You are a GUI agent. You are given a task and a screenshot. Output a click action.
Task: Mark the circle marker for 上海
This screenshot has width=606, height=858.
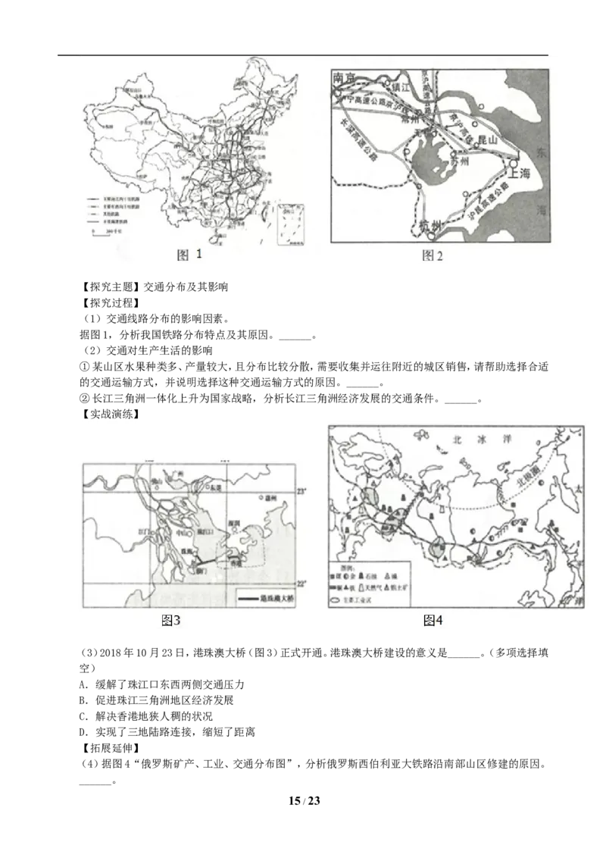tap(513, 162)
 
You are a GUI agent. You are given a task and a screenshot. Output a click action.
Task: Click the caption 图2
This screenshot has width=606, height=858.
tap(432, 255)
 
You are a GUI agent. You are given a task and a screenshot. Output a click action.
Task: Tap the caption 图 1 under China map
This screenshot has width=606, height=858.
tap(189, 255)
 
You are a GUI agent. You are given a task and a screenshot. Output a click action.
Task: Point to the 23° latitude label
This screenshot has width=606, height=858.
tap(301, 493)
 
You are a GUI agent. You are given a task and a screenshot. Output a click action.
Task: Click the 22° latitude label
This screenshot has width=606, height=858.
tap(301, 583)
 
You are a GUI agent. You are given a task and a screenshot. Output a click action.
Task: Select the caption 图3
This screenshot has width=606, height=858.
tap(171, 620)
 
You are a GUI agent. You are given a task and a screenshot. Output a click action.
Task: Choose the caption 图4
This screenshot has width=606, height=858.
tap(433, 620)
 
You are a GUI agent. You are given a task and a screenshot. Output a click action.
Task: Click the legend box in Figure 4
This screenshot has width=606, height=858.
tap(370, 584)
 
